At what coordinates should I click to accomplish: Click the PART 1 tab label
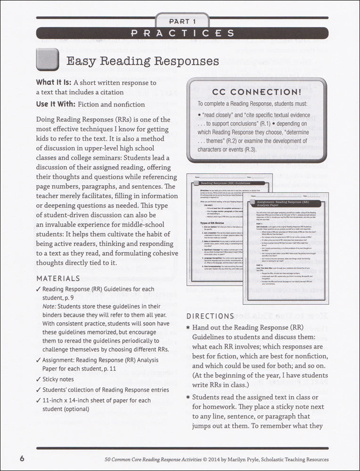pyautogui.click(x=181, y=22)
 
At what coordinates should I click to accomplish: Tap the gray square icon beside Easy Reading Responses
pyautogui.click(x=47, y=61)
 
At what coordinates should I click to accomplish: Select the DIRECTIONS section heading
pyautogui.click(x=210, y=316)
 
